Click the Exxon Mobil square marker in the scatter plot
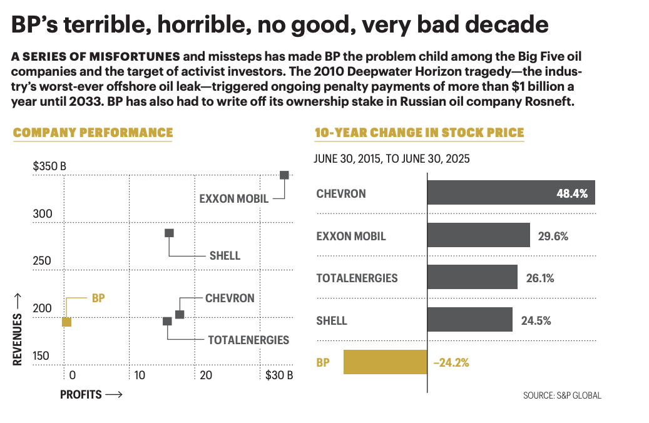(284, 175)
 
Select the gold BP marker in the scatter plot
(66, 322)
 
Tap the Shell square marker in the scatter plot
(169, 233)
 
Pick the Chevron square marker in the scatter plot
(180, 314)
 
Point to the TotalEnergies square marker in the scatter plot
(167, 321)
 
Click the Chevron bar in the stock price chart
(511, 193)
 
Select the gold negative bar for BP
(385, 362)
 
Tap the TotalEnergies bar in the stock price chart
(472, 277)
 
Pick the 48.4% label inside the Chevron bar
(572, 193)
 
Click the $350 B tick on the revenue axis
(49, 166)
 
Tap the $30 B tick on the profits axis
(279, 375)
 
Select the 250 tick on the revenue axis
(41, 261)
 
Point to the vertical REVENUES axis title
(18, 329)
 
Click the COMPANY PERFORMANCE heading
(93, 133)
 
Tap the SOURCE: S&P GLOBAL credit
(562, 395)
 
